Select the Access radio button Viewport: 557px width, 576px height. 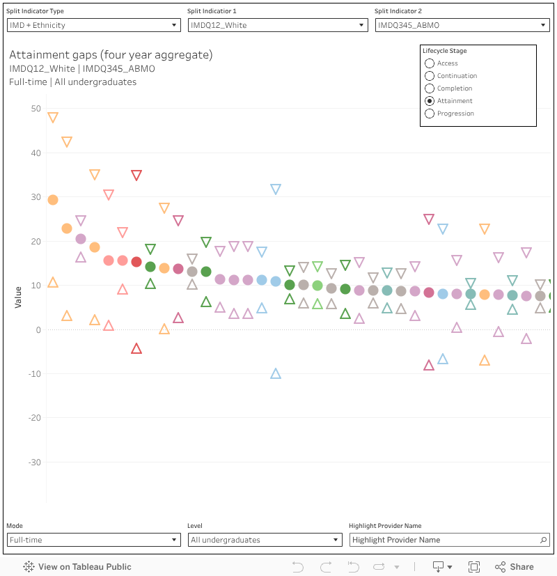430,63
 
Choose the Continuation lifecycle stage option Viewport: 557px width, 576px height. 430,76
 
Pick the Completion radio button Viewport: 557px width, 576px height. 430,88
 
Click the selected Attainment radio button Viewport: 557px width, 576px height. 430,101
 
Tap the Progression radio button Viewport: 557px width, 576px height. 430,114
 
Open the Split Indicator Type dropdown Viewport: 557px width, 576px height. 93,25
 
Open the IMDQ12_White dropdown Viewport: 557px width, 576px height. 278,25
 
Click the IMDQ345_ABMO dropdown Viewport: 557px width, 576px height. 462,25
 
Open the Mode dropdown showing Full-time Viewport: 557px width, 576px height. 93,540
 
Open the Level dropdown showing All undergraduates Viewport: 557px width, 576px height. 265,540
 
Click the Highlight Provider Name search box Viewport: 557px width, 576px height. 446,540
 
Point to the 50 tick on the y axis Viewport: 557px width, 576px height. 36,109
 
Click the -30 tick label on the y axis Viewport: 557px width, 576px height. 34,462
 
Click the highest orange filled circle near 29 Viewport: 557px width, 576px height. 53,200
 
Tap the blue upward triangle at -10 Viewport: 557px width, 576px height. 276,373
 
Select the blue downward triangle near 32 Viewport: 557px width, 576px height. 276,189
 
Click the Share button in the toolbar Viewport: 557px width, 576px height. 515,567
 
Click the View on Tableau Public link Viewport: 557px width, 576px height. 77,567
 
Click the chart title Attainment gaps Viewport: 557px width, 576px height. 111,55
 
